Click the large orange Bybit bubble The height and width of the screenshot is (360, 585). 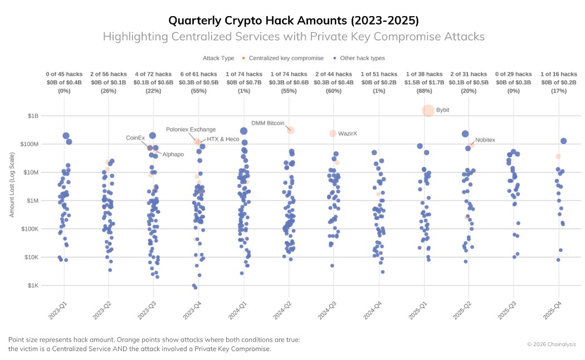[x=428, y=110]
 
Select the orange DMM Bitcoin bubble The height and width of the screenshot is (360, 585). [x=290, y=130]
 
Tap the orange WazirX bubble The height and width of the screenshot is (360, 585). [x=333, y=133]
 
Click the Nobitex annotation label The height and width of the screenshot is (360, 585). [x=485, y=140]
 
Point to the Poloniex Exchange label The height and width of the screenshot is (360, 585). [x=191, y=129]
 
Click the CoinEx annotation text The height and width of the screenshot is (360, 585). [x=135, y=137]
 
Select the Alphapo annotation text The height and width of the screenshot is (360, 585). [x=173, y=154]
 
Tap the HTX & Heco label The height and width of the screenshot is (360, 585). [x=223, y=139]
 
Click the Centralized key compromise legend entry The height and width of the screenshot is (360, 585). [x=283, y=58]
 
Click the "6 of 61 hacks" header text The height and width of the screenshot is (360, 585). [x=199, y=74]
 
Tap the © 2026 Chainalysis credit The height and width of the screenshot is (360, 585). [x=552, y=344]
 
